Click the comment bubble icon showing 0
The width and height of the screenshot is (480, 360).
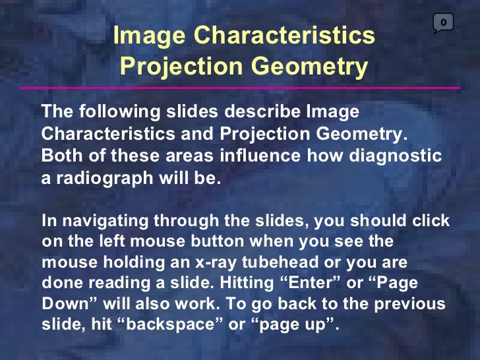coord(443,23)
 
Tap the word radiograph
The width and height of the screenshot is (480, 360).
coord(100,178)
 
